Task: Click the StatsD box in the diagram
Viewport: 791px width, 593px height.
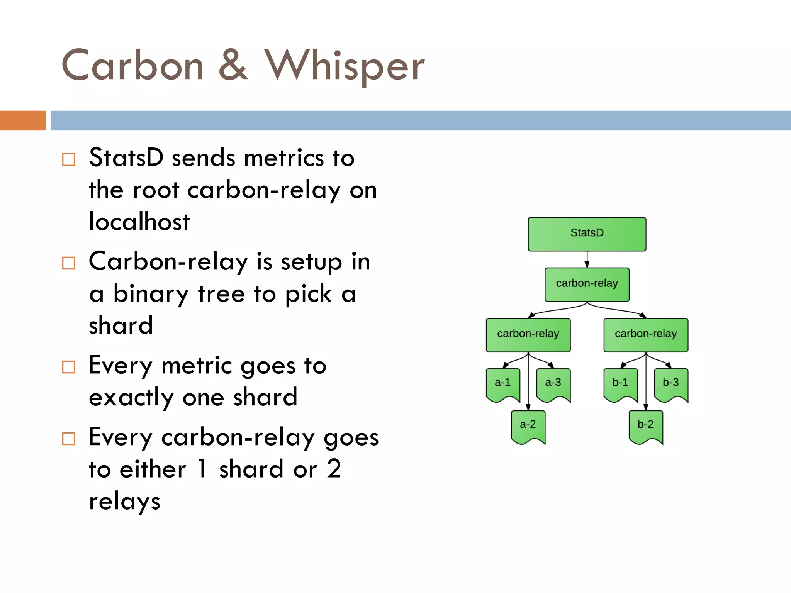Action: coord(587,234)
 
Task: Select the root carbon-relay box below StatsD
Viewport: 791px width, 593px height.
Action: coord(587,284)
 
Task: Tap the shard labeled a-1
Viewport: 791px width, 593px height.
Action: coord(503,384)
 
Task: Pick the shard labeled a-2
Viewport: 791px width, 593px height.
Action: coord(528,426)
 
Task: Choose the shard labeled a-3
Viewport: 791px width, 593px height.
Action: coord(553,384)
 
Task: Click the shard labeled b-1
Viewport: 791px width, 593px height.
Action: coord(620,384)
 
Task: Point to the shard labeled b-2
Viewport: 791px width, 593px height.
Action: coord(645,426)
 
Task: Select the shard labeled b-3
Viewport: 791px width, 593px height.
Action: coord(671,384)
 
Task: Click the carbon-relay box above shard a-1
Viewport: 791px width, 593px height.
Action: coord(528,334)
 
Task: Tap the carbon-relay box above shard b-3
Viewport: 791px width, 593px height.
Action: coord(646,334)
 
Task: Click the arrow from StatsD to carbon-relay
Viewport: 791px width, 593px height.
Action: coord(587,259)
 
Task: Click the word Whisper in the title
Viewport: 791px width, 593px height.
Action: coord(344,66)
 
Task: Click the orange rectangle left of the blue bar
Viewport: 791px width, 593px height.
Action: coord(23,120)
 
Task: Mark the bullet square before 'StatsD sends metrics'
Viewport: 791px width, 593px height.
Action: coord(69,159)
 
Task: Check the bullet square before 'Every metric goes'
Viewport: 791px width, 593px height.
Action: coord(69,367)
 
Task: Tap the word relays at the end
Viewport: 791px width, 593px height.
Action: coord(124,502)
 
